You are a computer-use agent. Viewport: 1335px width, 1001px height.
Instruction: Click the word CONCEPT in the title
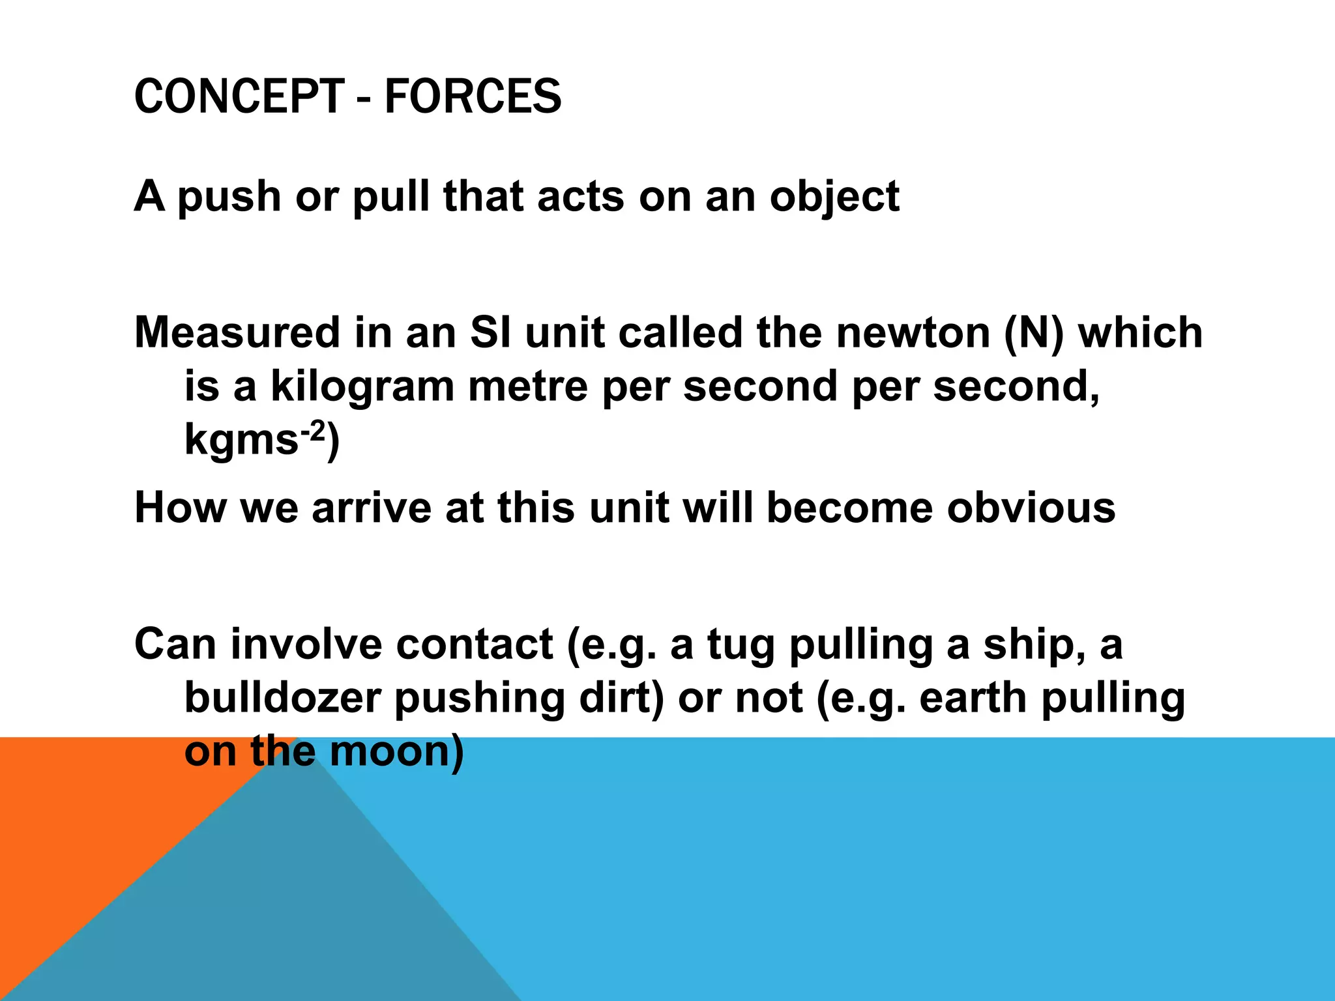point(239,96)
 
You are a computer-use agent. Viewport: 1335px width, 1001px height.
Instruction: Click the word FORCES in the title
point(473,96)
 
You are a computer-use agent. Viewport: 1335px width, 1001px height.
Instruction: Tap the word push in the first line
point(229,197)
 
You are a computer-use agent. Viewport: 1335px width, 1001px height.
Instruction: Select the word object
point(834,197)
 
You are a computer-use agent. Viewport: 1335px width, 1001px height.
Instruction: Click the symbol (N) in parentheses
point(1034,332)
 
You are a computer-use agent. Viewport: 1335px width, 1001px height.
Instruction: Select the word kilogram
point(362,386)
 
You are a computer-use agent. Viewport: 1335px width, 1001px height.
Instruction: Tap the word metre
point(527,386)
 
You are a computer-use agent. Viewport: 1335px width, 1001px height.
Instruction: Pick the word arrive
point(372,508)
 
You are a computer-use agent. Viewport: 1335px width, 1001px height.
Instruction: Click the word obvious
point(1031,508)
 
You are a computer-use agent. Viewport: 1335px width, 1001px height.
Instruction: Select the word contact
point(474,645)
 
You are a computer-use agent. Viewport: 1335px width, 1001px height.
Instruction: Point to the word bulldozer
point(282,698)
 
